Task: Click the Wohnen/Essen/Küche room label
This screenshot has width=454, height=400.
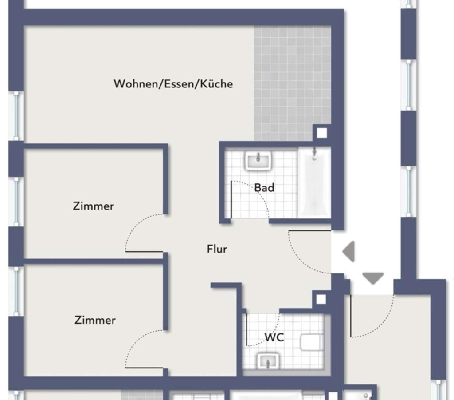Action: [173, 84]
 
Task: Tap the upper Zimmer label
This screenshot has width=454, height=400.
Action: [93, 206]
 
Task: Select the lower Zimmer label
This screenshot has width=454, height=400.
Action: [95, 320]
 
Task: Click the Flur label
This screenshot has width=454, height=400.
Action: [217, 249]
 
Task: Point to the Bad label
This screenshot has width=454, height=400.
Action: [264, 188]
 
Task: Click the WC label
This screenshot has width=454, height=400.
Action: [274, 337]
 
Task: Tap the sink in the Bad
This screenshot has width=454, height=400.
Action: [258, 160]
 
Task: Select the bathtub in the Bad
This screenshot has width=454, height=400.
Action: [314, 182]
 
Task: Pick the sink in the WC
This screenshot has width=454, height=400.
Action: [268, 361]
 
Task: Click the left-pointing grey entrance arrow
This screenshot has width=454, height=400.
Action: [348, 251]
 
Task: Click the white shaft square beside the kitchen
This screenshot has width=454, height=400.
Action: [322, 133]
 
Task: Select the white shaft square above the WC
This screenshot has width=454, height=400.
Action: [321, 299]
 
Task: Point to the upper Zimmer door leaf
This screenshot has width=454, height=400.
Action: [144, 252]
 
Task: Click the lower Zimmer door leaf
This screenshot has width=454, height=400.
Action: [144, 368]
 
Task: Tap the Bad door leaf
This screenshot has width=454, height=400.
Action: [231, 199]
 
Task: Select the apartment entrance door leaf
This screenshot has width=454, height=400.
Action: [310, 231]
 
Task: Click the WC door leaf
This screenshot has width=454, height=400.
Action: [247, 329]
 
